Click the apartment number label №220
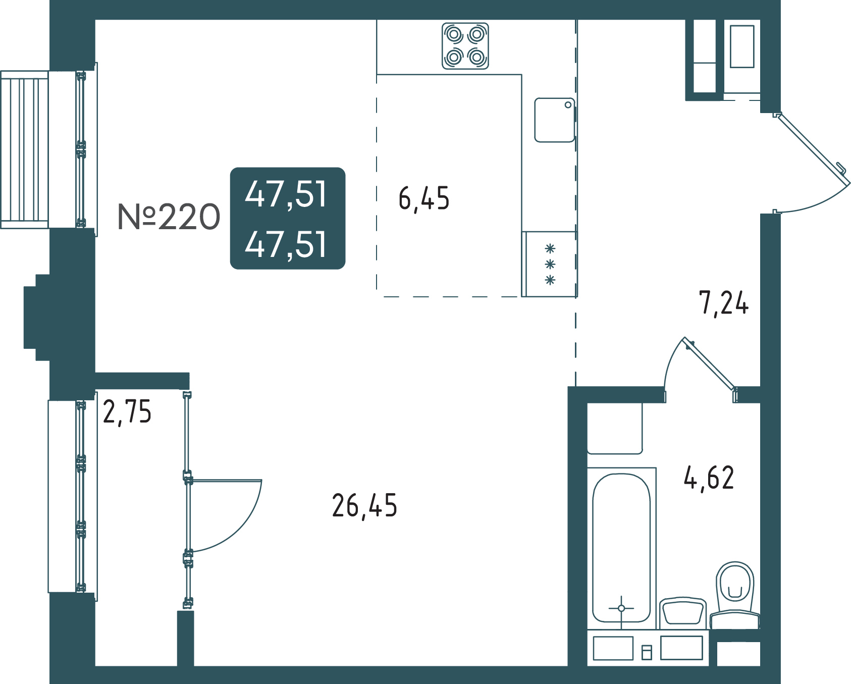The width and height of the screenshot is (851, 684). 169,217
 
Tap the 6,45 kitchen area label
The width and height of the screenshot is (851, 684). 424,198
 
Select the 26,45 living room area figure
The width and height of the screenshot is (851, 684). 364,506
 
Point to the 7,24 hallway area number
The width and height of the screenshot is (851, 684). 724,303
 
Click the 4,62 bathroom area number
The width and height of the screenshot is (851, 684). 709,478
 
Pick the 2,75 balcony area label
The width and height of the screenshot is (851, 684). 127,412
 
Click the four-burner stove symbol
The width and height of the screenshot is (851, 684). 465,46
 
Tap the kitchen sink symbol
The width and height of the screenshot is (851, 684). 555,120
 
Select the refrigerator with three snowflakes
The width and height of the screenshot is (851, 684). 549,264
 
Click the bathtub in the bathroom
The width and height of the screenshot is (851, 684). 621,548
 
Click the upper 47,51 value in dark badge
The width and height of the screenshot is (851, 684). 286,194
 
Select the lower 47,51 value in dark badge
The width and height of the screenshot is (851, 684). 286,244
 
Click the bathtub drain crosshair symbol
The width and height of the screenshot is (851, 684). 621,608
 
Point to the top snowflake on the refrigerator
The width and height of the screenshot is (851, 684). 550,249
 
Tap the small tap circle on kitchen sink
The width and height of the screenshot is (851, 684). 568,105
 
